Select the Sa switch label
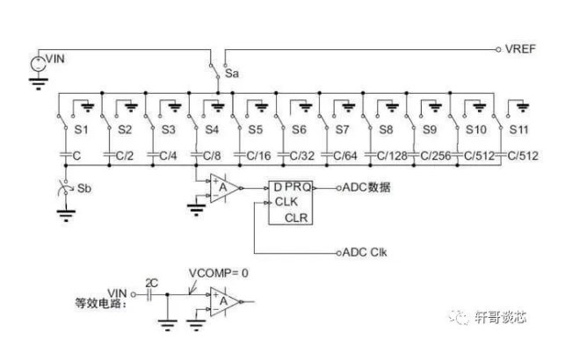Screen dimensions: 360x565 [x=233, y=75]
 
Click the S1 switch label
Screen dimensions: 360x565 [x=83, y=130]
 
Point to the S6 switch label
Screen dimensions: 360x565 [x=299, y=130]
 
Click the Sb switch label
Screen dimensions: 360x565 [x=84, y=188]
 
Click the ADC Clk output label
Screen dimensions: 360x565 [x=364, y=252]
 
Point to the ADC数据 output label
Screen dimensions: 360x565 [x=366, y=187]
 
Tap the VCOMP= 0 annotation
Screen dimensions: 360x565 [x=220, y=273]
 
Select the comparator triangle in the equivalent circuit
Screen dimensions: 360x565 [x=224, y=301]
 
